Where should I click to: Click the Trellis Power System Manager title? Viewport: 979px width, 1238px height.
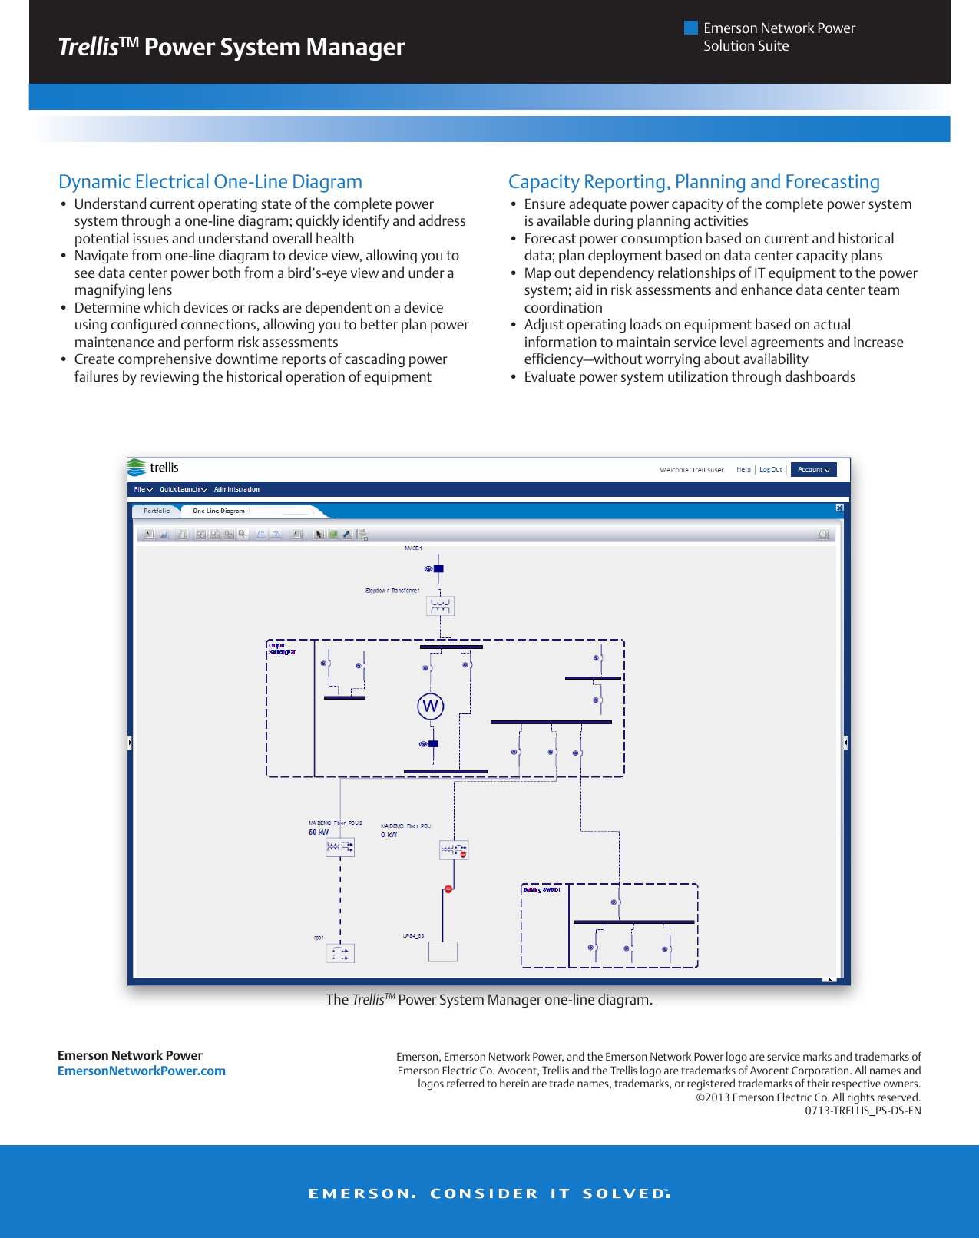pyautogui.click(x=231, y=47)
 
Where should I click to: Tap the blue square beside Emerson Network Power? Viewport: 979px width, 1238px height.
pyautogui.click(x=691, y=28)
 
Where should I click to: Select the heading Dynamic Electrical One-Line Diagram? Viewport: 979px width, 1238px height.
pyautogui.click(x=210, y=181)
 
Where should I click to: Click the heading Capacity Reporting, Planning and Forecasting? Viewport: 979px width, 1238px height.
pyautogui.click(x=693, y=181)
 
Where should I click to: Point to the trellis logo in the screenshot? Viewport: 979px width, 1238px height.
pyautogui.click(x=154, y=467)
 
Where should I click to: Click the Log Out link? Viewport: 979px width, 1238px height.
pyautogui.click(x=770, y=469)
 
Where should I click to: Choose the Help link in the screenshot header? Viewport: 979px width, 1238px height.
pyautogui.click(x=743, y=469)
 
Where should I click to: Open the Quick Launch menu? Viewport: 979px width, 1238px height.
pyautogui.click(x=183, y=489)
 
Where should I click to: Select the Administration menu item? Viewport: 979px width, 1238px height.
pyautogui.click(x=236, y=489)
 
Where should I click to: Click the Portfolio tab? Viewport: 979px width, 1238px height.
pyautogui.click(x=157, y=511)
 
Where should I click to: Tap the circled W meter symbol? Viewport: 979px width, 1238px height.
pyautogui.click(x=431, y=707)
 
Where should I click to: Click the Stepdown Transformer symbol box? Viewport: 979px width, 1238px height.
pyautogui.click(x=440, y=606)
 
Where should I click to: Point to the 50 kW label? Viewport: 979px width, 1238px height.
pyautogui.click(x=319, y=833)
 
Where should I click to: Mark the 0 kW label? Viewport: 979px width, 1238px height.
pyautogui.click(x=389, y=835)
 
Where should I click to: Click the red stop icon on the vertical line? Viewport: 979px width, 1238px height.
pyautogui.click(x=448, y=889)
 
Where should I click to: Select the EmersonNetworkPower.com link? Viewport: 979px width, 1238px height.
pyautogui.click(x=141, y=1071)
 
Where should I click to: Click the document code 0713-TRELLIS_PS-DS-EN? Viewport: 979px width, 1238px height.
pyautogui.click(x=862, y=1111)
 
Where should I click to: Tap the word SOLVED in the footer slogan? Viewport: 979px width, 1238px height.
pyautogui.click(x=624, y=1193)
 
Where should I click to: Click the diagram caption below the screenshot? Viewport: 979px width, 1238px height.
pyautogui.click(x=489, y=999)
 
